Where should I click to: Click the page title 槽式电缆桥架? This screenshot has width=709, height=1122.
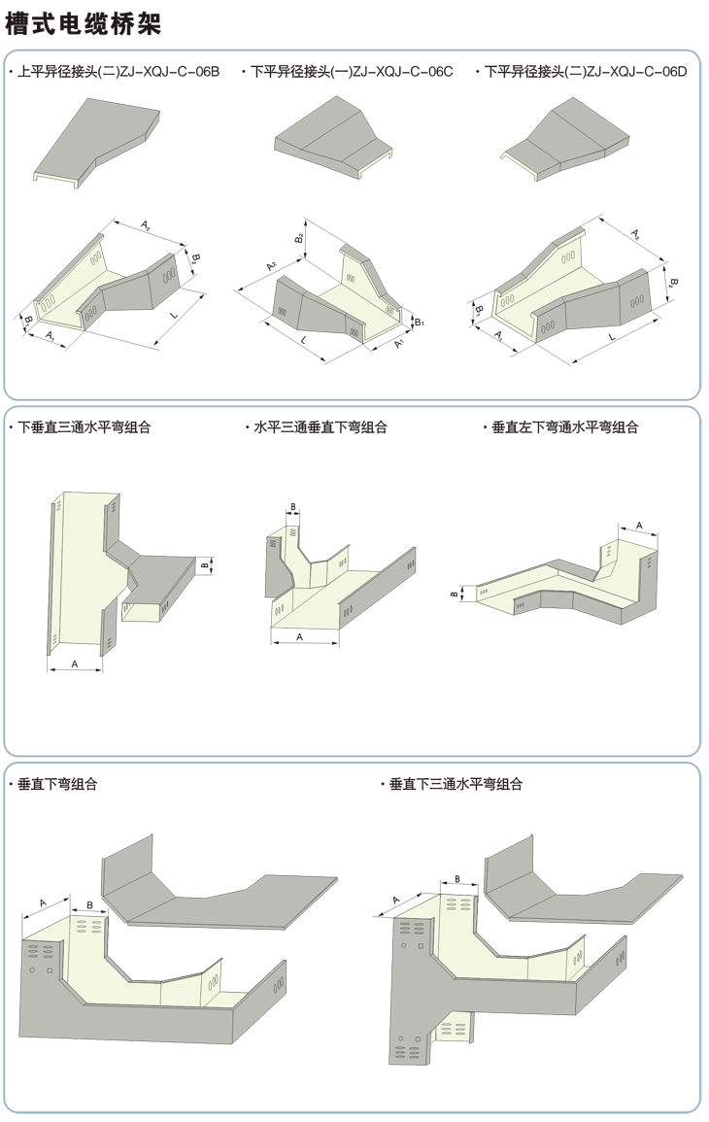pyautogui.click(x=83, y=24)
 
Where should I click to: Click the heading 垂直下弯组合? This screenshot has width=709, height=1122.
pyautogui.click(x=58, y=784)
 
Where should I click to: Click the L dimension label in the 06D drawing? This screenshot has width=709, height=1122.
pyautogui.click(x=613, y=335)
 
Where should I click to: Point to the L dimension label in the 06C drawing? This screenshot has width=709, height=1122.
pyautogui.click(x=305, y=339)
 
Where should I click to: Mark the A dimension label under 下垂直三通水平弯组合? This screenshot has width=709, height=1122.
pyautogui.click(x=76, y=663)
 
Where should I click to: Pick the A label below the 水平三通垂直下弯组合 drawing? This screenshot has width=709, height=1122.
pyautogui.click(x=299, y=636)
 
